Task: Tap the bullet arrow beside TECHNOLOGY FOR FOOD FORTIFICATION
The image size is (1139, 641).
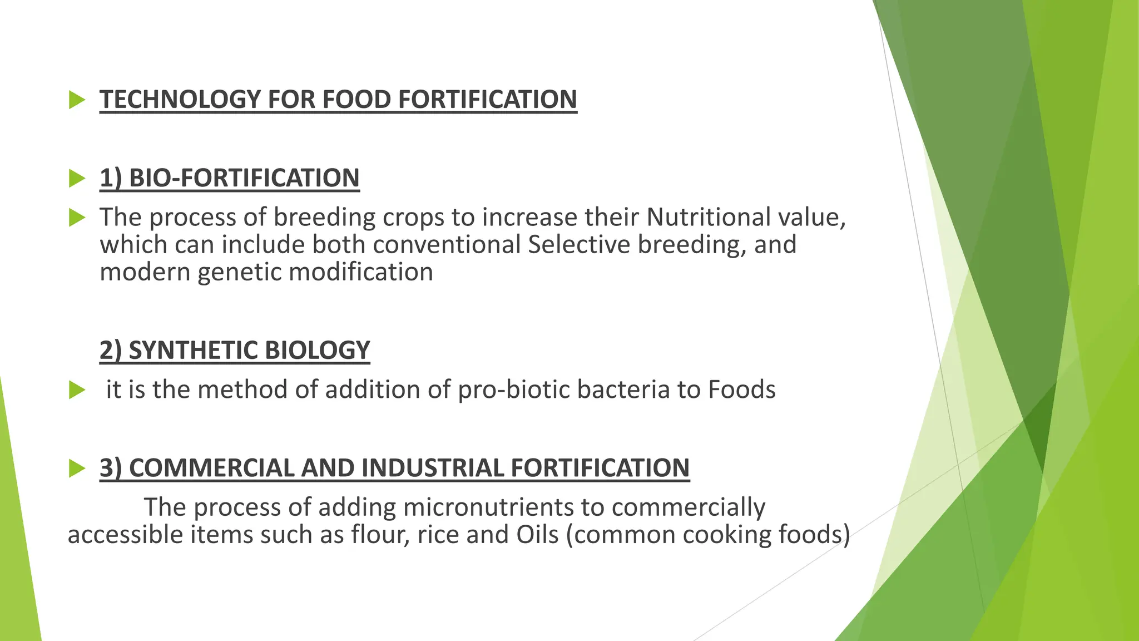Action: (77, 101)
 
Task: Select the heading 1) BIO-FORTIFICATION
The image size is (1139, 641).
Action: (229, 179)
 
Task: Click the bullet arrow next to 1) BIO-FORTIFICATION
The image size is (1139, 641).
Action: (77, 179)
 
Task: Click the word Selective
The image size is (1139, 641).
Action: (578, 245)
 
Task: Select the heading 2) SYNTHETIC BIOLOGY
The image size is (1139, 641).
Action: (234, 351)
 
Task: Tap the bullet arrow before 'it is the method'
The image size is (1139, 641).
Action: (77, 391)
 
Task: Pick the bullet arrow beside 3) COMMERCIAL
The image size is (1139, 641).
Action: (77, 469)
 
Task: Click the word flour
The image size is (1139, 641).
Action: (379, 535)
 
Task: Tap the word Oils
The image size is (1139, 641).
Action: (537, 535)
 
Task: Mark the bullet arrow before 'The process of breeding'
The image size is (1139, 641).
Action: (77, 218)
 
